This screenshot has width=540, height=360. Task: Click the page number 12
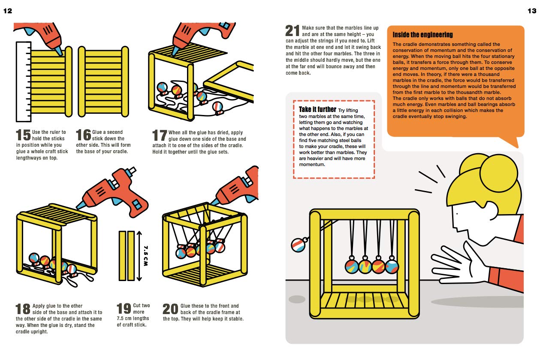[x=8, y=11]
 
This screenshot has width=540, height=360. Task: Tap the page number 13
[x=531, y=11]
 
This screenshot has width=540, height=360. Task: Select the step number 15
[x=23, y=135]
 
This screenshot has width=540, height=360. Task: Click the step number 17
[x=160, y=135]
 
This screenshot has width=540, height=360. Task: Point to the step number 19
[x=124, y=309]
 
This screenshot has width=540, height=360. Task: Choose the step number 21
[x=293, y=31]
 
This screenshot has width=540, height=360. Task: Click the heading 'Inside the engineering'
[x=422, y=35]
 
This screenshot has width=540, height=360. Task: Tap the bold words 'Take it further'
[x=317, y=110]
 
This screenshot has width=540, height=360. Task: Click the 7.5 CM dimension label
[x=145, y=256]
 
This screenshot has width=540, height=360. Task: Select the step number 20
[x=171, y=309]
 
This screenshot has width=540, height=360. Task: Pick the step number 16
[x=83, y=135]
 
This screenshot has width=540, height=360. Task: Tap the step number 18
[x=23, y=309]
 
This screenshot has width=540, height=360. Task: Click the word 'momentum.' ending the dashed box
[x=312, y=164]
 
